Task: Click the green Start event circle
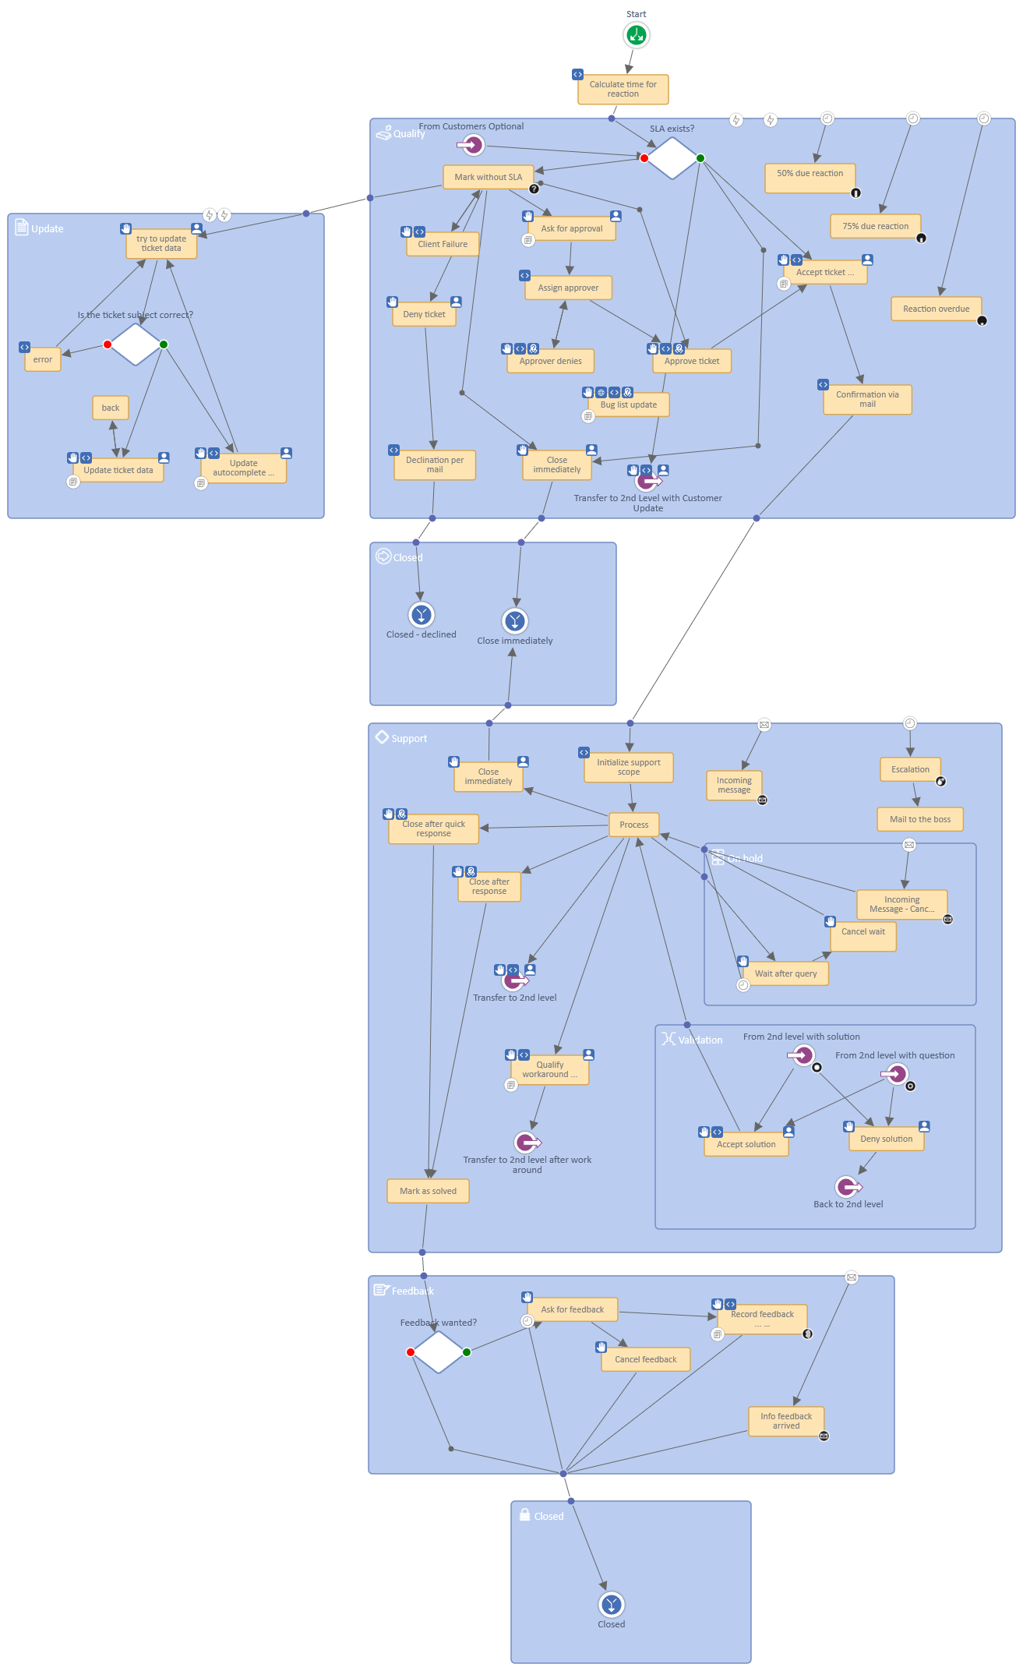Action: tap(636, 35)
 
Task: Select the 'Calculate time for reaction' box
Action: tap(623, 89)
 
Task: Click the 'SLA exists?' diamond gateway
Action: tap(672, 158)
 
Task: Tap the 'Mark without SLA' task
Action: tap(488, 177)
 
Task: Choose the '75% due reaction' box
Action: tap(875, 226)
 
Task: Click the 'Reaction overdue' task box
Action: tap(936, 309)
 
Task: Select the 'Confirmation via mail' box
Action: tap(866, 399)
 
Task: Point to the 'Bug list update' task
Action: tap(628, 405)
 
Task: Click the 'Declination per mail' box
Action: tap(434, 465)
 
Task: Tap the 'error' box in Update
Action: tap(43, 359)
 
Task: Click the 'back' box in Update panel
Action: tap(111, 408)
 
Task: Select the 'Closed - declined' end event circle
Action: tap(421, 615)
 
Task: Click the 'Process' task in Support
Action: tap(633, 825)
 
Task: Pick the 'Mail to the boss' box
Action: tap(919, 819)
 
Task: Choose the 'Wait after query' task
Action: tap(785, 973)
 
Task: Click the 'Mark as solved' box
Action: tap(428, 1191)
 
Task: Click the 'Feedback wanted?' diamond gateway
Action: tap(439, 1352)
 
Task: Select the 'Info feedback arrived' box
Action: tap(785, 1421)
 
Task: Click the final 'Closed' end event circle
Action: tap(611, 1605)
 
